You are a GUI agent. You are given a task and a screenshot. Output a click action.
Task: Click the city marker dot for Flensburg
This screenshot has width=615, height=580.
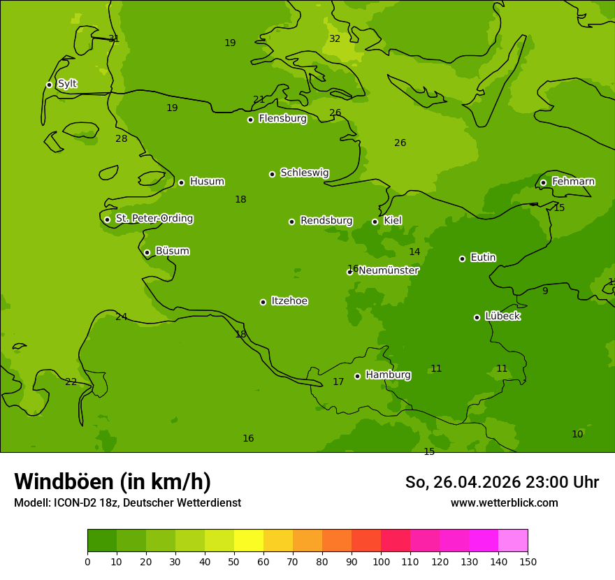(250, 119)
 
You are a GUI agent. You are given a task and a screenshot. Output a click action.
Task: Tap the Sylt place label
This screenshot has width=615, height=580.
(67, 84)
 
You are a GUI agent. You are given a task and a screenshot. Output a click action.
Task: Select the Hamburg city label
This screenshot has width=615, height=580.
(388, 375)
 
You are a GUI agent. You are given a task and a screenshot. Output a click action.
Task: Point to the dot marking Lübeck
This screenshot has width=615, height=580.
(477, 317)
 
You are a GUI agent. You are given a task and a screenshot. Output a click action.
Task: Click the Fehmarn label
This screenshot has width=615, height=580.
(573, 182)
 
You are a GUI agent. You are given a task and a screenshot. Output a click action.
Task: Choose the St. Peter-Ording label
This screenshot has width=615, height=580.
(154, 218)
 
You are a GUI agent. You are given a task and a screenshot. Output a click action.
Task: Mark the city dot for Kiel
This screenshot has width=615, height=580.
(375, 222)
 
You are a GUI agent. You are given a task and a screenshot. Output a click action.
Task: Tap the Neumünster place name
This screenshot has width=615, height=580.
(389, 270)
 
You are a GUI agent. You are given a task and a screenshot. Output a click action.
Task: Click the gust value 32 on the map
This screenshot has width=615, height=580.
(335, 39)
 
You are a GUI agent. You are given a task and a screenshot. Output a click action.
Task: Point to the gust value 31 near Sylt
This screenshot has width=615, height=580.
(114, 39)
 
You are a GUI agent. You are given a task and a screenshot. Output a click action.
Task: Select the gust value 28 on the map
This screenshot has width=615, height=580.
(122, 139)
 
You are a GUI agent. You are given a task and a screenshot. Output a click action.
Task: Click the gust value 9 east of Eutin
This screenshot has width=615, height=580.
(545, 291)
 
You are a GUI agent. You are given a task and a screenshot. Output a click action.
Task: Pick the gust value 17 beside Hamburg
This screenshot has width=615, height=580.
(338, 382)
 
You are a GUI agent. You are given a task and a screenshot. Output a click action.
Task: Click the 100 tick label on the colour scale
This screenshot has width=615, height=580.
(381, 561)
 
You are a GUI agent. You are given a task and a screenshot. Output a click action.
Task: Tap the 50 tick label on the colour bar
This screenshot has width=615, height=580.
(234, 561)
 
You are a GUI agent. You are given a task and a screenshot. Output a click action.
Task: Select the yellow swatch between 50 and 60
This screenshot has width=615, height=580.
(249, 540)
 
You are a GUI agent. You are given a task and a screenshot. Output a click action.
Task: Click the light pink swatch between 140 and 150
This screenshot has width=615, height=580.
(513, 540)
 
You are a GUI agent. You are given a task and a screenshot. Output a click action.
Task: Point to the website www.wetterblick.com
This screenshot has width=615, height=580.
(504, 502)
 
